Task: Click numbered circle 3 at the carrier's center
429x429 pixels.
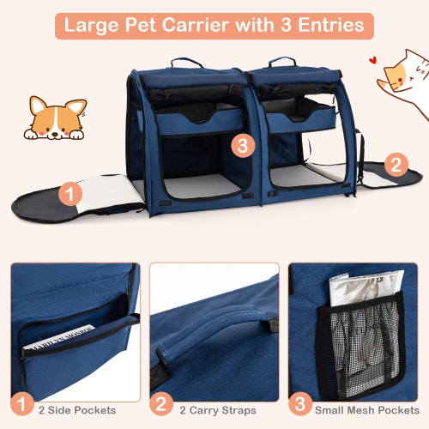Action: (242, 146)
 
